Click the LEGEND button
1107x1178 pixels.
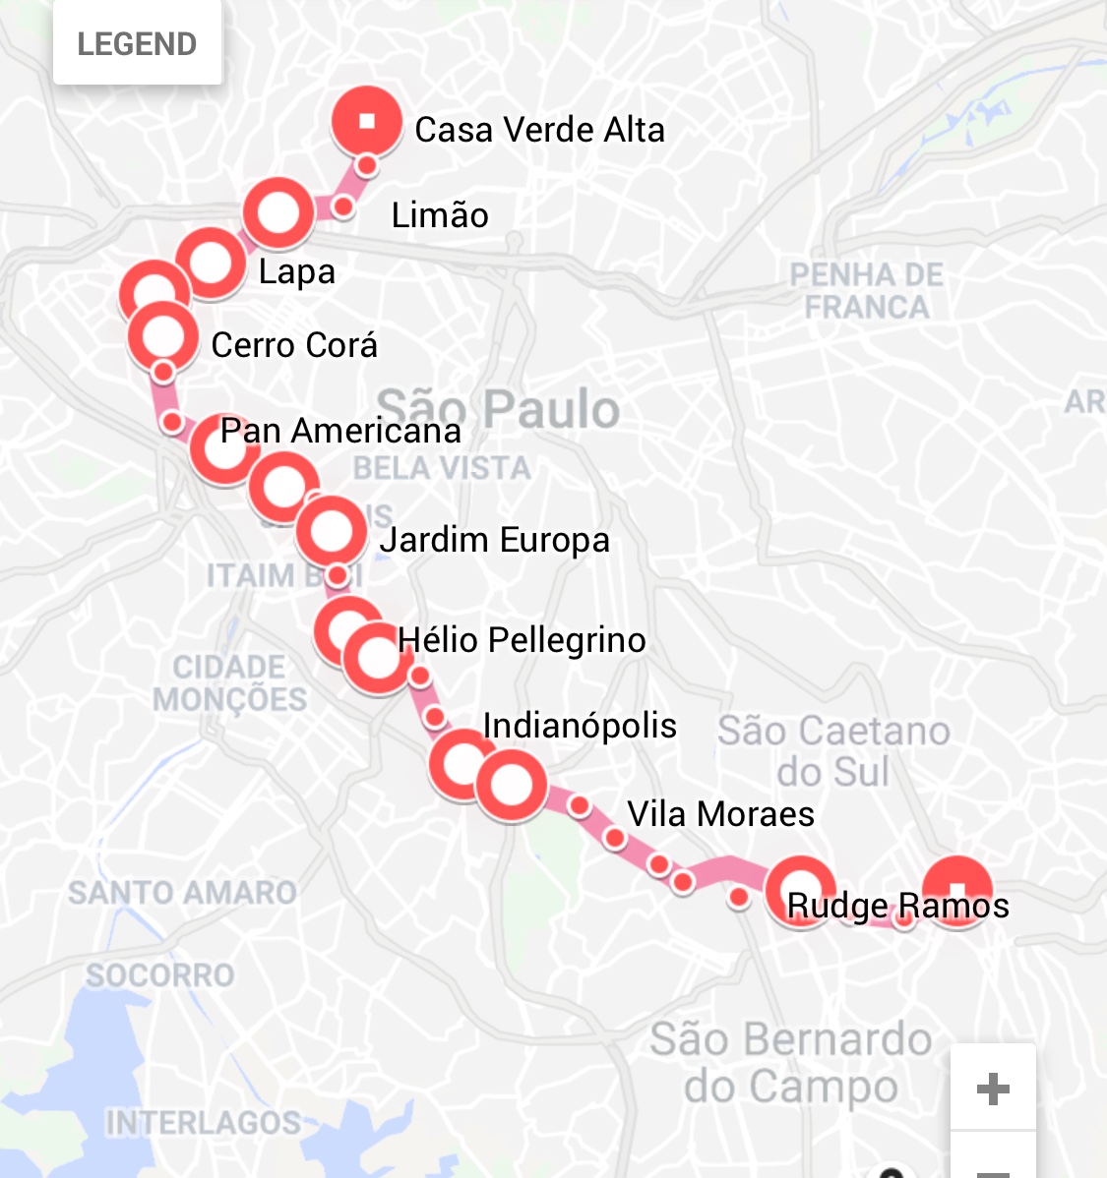(137, 44)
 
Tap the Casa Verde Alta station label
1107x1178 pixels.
(539, 130)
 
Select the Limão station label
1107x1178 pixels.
(440, 215)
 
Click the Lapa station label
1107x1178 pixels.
(296, 272)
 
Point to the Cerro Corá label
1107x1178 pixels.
(294, 345)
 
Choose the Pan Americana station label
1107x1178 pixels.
(340, 431)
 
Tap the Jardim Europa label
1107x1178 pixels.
(494, 540)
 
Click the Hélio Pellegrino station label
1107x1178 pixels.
(522, 640)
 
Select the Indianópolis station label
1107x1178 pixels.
(580, 726)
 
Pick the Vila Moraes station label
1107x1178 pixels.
(720, 814)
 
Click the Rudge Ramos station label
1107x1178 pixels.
(897, 906)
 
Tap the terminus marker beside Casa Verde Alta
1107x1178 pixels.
(367, 122)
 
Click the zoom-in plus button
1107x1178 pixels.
(993, 1089)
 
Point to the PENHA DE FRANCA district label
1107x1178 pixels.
(866, 291)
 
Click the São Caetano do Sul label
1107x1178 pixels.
(833, 751)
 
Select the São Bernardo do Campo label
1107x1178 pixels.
(791, 1063)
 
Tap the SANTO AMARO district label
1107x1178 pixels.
(182, 893)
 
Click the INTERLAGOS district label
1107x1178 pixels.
(204, 1123)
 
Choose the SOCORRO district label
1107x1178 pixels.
(160, 974)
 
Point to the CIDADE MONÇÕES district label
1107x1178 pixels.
(229, 682)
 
